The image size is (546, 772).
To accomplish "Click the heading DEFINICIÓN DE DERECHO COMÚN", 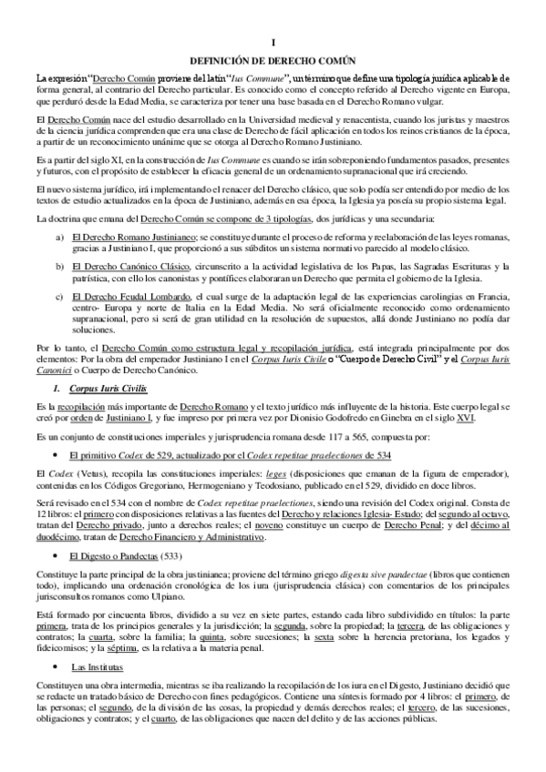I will pyautogui.click(x=273, y=61).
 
